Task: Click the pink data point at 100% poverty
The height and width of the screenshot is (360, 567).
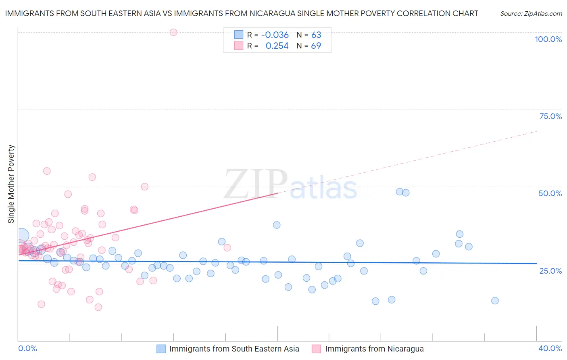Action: coord(173,32)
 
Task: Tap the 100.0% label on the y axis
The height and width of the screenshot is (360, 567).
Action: coord(548,39)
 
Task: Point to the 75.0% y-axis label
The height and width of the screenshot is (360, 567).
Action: coord(550,116)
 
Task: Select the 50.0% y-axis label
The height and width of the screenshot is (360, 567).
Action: coord(550,193)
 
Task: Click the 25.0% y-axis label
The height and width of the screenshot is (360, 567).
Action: coord(550,270)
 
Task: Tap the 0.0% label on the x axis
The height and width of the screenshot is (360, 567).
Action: coord(27,348)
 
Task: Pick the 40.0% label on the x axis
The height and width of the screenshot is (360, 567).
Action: coord(550,348)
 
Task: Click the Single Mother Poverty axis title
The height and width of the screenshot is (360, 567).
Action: coord(11,184)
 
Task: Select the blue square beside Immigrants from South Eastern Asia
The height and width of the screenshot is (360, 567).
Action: coord(161,349)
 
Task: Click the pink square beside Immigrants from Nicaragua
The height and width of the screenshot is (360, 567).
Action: coord(317,349)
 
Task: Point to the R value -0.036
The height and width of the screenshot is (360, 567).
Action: coord(275,35)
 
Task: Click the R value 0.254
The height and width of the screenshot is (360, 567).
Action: coord(277,46)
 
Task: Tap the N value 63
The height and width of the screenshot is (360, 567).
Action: coord(316,35)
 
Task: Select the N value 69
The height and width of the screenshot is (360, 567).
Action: coord(316,46)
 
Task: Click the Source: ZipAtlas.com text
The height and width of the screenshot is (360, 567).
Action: coord(531,13)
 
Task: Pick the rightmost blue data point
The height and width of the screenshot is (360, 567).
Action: coord(495,301)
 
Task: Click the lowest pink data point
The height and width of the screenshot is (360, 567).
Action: coord(98,307)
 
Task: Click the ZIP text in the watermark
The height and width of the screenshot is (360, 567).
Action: coord(256,185)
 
